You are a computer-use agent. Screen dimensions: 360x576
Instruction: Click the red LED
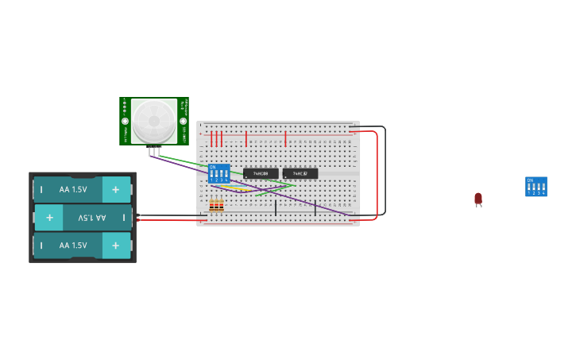pyautogui.click(x=478, y=199)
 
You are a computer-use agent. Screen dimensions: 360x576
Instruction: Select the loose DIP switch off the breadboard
pyautogui.click(x=536, y=187)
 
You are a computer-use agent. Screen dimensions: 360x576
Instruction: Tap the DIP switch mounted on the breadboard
pyautogui.click(x=218, y=173)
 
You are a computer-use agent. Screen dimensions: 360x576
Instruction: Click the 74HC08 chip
pyautogui.click(x=261, y=173)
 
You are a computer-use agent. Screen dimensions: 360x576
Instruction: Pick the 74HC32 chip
pyautogui.click(x=300, y=173)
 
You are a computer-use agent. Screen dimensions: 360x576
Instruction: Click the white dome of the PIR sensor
pyautogui.click(x=153, y=122)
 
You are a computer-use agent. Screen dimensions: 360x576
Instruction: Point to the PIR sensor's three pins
pyautogui.click(x=153, y=151)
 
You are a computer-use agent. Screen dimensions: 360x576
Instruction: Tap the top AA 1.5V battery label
pyautogui.click(x=73, y=190)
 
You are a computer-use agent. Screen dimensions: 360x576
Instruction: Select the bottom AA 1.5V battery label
pyautogui.click(x=73, y=246)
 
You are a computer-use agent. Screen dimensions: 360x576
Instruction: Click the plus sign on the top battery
pyautogui.click(x=115, y=190)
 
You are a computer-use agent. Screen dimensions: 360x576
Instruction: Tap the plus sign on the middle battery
pyautogui.click(x=49, y=217)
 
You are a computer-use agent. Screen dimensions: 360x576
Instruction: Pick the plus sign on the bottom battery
pyautogui.click(x=115, y=246)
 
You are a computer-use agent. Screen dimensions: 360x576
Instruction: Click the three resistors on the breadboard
pyautogui.click(x=216, y=206)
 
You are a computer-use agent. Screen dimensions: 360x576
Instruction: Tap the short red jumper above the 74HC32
pyautogui.click(x=285, y=140)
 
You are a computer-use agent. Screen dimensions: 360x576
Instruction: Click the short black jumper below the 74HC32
pyautogui.click(x=315, y=208)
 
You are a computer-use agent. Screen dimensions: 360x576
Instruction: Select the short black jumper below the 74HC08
pyautogui.click(x=276, y=208)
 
